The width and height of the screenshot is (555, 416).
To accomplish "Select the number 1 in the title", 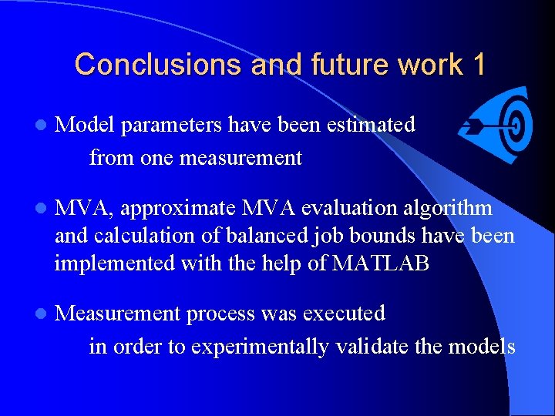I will pyautogui.click(x=478, y=64).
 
